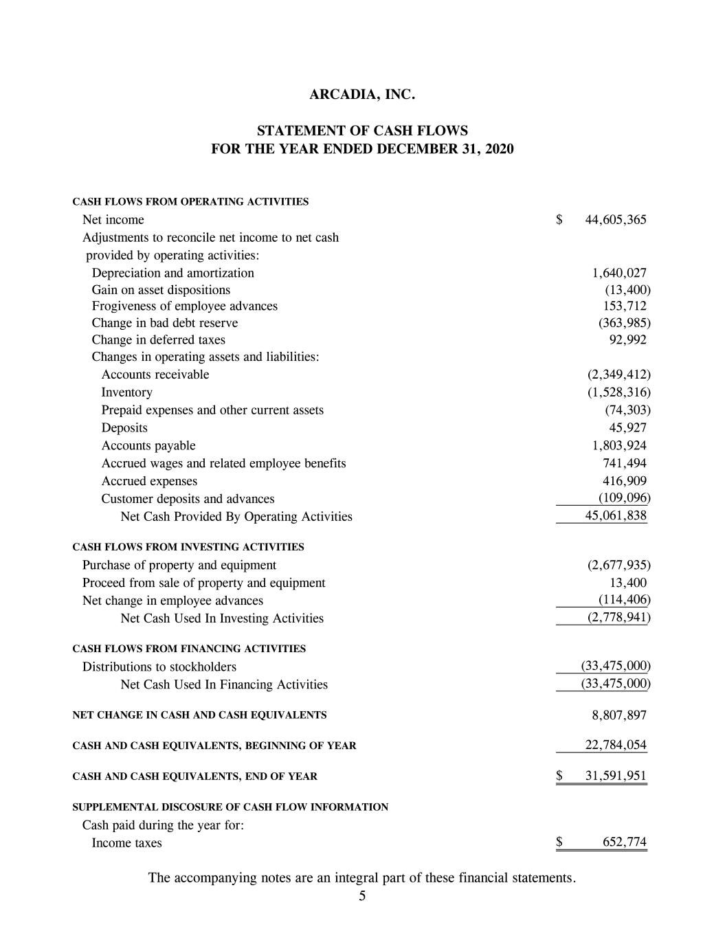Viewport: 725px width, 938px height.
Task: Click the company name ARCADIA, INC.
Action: (362, 94)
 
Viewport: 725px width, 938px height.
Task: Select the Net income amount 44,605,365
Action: (615, 220)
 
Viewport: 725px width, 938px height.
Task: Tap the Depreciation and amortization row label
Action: (172, 273)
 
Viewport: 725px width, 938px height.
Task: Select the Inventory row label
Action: (126, 392)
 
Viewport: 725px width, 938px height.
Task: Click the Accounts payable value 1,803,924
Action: (618, 445)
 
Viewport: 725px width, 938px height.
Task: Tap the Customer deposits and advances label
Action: (188, 499)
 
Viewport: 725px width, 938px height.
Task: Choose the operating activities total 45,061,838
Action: (615, 516)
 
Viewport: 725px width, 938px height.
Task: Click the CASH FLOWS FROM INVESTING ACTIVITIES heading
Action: (188, 547)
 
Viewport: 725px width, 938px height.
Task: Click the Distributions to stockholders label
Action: (159, 667)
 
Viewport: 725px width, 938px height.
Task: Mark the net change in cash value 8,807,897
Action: (618, 715)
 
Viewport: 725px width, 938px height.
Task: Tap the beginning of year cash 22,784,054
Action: (615, 745)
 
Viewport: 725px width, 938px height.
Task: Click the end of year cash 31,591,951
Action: (615, 776)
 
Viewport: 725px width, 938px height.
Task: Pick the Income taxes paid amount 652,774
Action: (624, 842)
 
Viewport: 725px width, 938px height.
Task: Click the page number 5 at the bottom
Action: (362, 896)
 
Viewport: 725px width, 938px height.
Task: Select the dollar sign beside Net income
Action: (559, 220)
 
